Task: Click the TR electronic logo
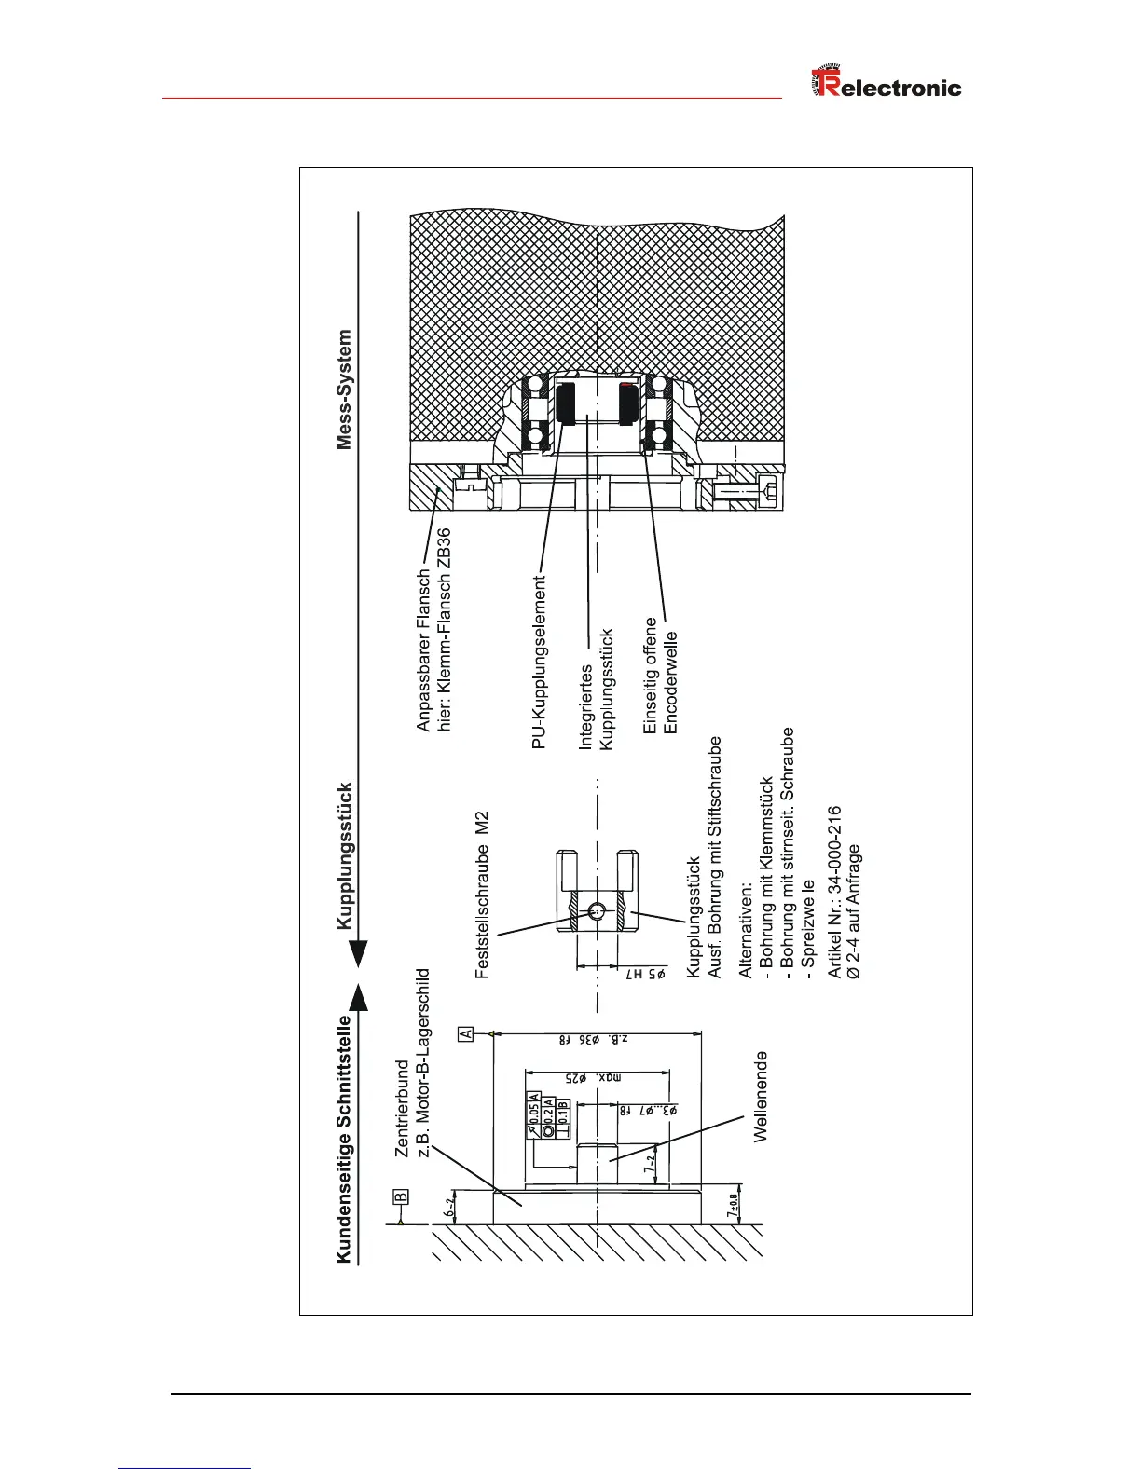tap(886, 87)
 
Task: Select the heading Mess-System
tap(345, 389)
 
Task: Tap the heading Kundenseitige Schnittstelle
tap(344, 1139)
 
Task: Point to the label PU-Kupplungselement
tap(539, 663)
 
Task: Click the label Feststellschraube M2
tap(482, 895)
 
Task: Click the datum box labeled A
tap(466, 1033)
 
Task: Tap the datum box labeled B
tap(400, 1196)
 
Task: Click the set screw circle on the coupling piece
tap(596, 910)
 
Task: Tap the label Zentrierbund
tap(402, 1109)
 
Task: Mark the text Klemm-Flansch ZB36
tap(445, 631)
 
